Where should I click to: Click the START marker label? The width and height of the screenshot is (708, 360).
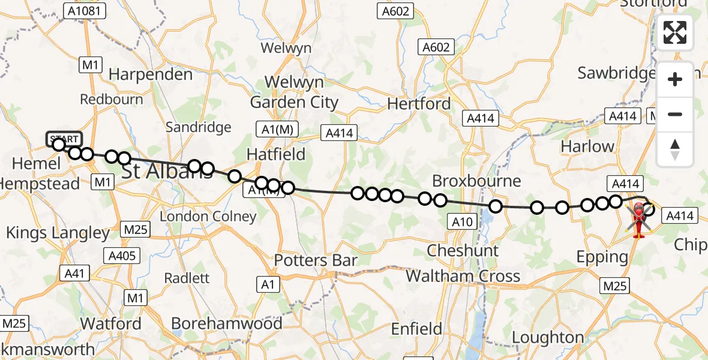(x=64, y=139)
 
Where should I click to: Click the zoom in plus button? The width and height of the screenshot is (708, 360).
(x=675, y=79)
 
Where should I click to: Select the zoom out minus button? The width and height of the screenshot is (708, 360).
(x=675, y=114)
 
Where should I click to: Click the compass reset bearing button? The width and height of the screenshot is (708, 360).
(x=675, y=149)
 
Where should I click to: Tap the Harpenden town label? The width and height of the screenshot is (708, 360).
(x=151, y=74)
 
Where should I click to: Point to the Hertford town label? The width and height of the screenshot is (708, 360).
(x=419, y=104)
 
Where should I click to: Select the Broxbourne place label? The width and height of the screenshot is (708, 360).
(x=477, y=181)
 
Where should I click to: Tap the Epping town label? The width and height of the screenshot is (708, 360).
(x=602, y=257)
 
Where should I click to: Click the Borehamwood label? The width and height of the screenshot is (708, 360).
(x=226, y=324)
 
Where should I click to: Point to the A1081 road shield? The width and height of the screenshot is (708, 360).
(x=85, y=10)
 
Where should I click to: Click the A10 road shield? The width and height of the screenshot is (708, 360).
(x=463, y=223)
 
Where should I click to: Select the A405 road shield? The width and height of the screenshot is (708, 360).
(x=122, y=256)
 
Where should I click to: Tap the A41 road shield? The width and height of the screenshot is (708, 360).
(x=75, y=274)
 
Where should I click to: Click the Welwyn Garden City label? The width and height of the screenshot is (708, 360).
(x=294, y=92)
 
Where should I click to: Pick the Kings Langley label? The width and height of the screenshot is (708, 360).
(x=58, y=233)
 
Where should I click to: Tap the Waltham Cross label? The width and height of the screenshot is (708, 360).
(x=463, y=276)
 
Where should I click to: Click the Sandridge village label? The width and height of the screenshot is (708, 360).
(x=198, y=127)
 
